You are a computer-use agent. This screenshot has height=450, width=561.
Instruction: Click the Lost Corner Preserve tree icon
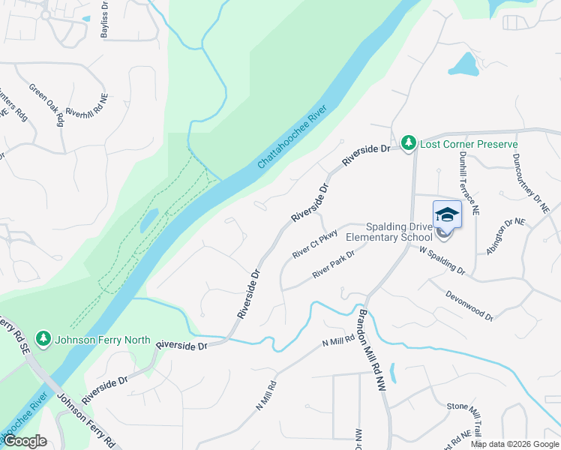(x=408, y=142)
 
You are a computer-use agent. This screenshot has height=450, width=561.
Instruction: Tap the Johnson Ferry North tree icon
(x=45, y=340)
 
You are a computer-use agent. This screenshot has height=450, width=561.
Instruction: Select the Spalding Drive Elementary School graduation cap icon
(x=447, y=214)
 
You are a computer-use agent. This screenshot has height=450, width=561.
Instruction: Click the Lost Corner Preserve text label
(x=469, y=143)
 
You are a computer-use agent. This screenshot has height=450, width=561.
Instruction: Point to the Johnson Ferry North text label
(x=103, y=340)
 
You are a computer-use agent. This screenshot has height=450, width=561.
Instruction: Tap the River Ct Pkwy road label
(x=316, y=244)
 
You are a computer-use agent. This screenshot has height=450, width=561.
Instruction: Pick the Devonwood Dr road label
(x=469, y=305)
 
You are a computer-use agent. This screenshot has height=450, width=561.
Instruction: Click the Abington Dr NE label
(x=507, y=236)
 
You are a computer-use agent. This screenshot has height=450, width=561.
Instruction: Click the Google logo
(x=25, y=441)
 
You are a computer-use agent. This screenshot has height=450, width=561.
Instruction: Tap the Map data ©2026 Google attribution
(x=514, y=444)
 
